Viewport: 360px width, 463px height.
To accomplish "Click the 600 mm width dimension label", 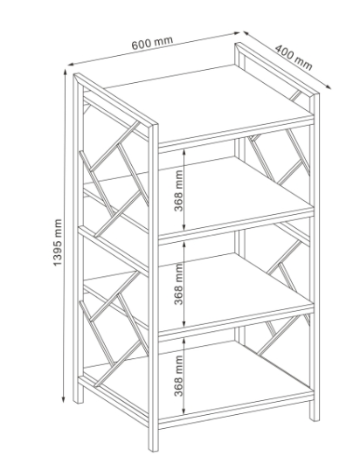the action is [x=152, y=43].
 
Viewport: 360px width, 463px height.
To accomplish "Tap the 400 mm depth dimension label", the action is [x=294, y=58].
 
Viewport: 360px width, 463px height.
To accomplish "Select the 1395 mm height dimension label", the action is [x=58, y=242].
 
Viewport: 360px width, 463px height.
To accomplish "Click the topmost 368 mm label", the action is [x=178, y=190].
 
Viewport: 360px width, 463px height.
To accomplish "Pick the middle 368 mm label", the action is [x=178, y=284].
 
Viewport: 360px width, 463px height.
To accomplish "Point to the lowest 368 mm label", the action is [x=178, y=376].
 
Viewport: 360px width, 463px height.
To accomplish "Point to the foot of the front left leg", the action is [x=78, y=398].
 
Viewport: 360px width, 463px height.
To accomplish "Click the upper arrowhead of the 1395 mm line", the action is [x=65, y=72].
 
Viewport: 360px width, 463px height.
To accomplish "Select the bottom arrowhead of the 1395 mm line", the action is [x=63, y=399].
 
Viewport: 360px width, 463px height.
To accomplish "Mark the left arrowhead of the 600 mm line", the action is [x=71, y=64].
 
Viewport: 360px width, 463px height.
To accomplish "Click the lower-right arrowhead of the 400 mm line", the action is [x=328, y=86].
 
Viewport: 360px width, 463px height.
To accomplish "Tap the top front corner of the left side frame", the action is [x=156, y=125].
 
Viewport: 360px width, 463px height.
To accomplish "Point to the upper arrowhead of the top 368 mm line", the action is [x=184, y=151].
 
